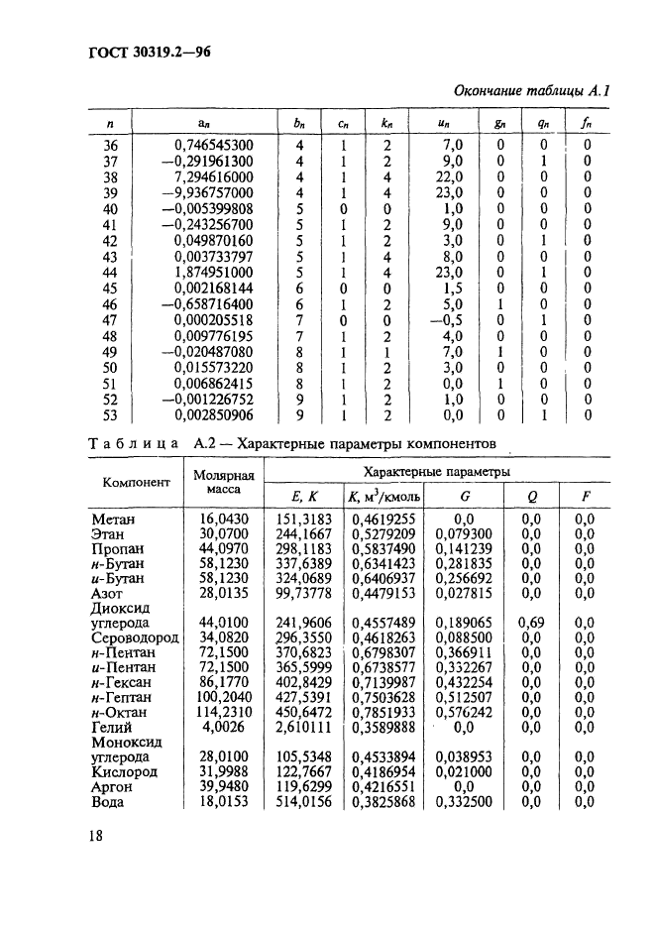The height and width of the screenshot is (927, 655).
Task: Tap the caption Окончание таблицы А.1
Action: [x=530, y=91]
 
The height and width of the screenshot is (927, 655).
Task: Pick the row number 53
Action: [x=110, y=415]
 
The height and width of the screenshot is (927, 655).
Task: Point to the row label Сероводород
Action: [x=135, y=637]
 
